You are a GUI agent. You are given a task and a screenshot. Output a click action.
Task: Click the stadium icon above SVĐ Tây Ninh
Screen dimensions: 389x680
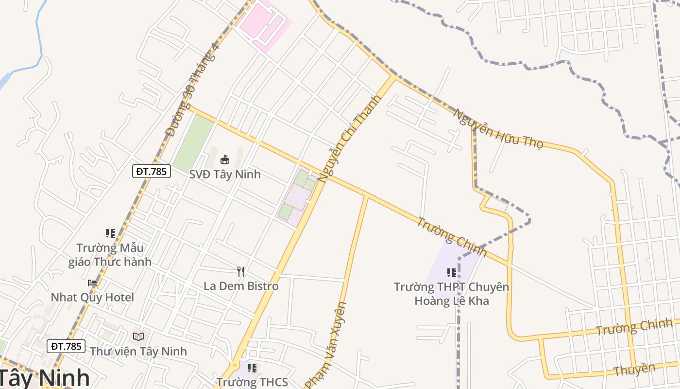pos(225,159)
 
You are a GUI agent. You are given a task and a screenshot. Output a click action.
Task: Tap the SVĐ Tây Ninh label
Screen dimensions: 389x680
pos(225,174)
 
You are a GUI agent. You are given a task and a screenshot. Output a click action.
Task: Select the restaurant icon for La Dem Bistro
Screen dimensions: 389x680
pos(241,271)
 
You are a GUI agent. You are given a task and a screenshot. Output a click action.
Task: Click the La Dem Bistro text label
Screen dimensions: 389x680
pos(241,286)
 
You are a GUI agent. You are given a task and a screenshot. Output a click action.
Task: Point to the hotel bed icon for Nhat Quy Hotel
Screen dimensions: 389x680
pos(92,283)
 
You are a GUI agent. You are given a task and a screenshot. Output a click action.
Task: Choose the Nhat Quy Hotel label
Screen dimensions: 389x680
pos(92,297)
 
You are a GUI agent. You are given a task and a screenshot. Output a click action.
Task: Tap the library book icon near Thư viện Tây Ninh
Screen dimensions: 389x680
pos(138,336)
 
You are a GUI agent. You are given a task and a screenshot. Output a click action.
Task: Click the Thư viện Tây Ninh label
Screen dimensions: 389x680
pos(138,351)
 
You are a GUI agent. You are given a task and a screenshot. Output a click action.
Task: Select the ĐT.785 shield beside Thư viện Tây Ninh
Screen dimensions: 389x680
pos(66,346)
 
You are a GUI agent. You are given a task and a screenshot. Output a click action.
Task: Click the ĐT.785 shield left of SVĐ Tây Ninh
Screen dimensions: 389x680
pos(152,171)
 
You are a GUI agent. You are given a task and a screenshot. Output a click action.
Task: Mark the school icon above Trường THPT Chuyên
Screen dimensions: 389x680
pos(452,273)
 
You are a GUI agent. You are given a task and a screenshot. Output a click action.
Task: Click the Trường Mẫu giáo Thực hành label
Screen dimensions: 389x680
pos(110,255)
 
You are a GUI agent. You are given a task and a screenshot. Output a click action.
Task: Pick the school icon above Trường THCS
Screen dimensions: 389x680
pos(252,368)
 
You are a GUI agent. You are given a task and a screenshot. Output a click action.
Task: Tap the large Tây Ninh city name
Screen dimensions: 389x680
pos(44,378)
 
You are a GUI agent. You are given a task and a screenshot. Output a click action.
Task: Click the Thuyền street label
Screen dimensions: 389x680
pos(634,370)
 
